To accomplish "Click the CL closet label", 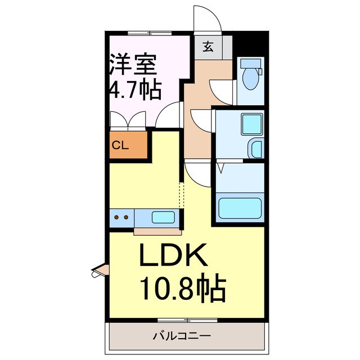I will [x=120, y=146].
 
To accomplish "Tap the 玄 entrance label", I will [x=208, y=47].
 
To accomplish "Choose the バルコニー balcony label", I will [x=182, y=336].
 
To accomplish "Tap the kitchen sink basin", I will [x=163, y=217].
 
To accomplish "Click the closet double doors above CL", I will [x=129, y=120].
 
